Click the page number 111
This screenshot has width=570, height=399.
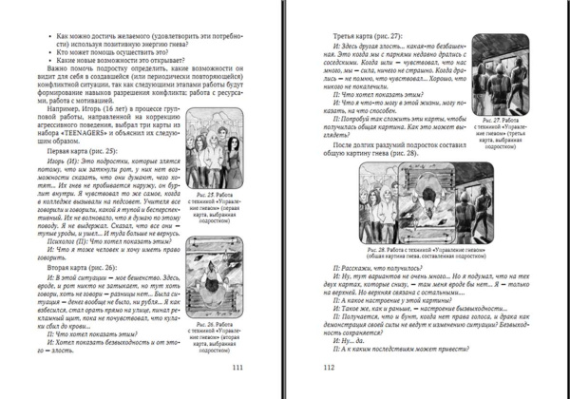click(x=237, y=371)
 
